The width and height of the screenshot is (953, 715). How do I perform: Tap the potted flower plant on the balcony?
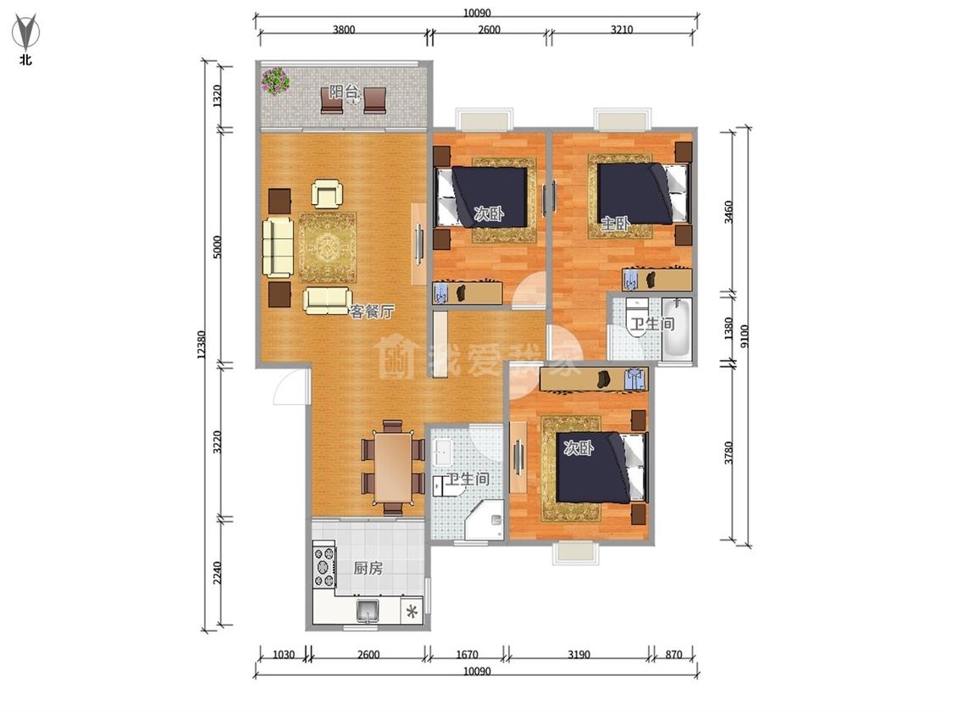click(275, 80)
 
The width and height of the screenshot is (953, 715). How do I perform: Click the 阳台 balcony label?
click(344, 92)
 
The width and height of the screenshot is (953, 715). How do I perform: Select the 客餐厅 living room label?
click(371, 311)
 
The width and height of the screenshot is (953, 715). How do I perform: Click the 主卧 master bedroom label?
click(614, 223)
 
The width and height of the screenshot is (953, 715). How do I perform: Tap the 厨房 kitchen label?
click(368, 568)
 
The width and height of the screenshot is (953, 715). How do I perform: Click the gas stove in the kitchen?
click(324, 565)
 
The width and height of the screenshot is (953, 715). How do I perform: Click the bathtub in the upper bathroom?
click(677, 328)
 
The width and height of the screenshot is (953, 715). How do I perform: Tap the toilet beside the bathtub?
click(636, 313)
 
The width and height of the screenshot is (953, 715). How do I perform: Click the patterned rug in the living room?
click(326, 247)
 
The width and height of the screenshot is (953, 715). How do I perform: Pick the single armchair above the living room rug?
click(327, 193)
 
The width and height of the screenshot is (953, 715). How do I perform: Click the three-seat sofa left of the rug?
click(279, 247)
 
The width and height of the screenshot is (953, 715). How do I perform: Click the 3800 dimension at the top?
click(343, 29)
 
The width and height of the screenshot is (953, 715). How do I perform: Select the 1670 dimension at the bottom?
click(467, 654)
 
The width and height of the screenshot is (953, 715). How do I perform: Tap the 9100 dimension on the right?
click(745, 336)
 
